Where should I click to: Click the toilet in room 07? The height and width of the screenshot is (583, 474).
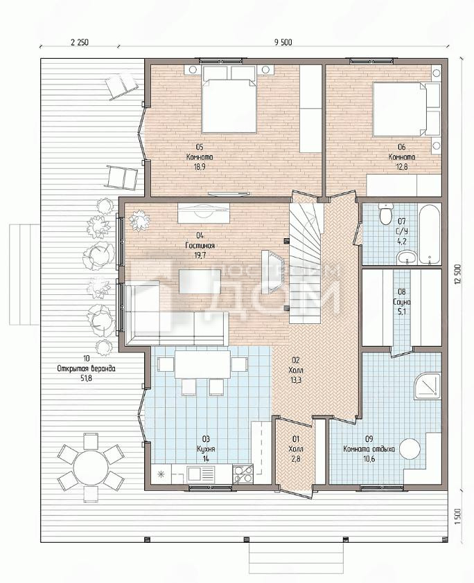point(385,214)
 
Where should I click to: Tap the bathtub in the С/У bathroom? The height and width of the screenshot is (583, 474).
point(430,233)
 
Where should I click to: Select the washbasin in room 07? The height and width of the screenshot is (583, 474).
point(407,257)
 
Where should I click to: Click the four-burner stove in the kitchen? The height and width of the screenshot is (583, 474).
point(243,474)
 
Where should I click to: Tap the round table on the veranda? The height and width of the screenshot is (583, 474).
point(89,465)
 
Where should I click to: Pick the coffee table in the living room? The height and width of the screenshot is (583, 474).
point(200,282)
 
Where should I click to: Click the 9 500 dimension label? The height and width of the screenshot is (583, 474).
point(283,42)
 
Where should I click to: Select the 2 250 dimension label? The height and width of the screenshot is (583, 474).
point(80,42)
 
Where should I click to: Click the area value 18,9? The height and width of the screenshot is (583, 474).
point(200,167)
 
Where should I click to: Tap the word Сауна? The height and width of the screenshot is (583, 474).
point(401,302)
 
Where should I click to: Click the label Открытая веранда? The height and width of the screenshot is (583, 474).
point(87,369)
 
